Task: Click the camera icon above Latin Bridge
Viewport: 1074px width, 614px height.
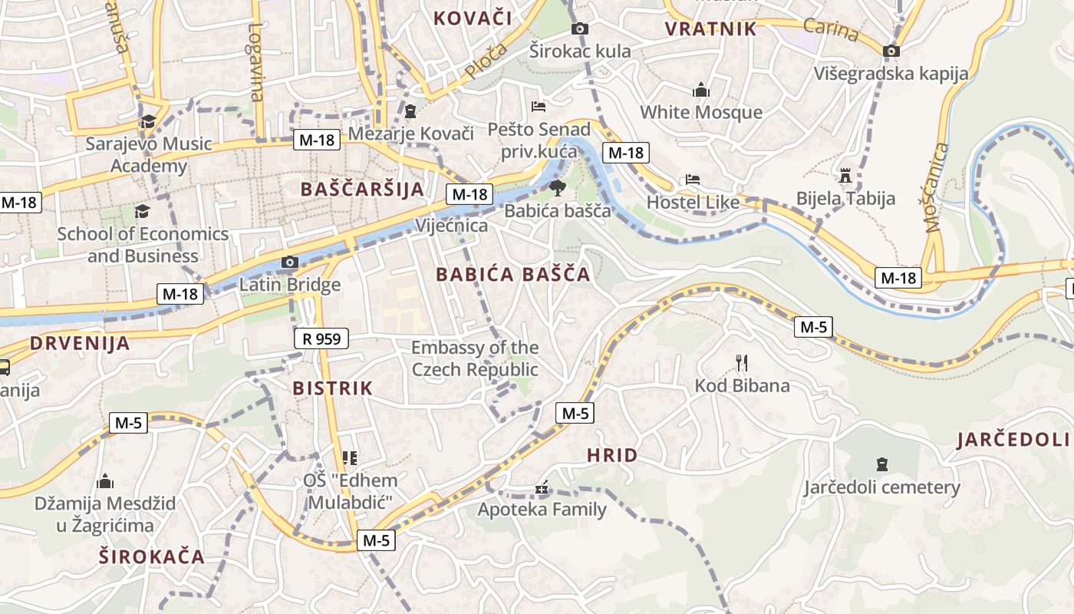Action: pos(289,262)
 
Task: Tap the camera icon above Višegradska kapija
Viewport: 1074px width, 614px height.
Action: pos(891,51)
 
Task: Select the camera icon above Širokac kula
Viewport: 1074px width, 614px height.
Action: pos(580,29)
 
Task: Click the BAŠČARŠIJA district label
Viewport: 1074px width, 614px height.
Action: pos(362,190)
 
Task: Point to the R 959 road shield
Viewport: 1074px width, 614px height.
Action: pos(321,338)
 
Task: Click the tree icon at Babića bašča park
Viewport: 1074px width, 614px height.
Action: pos(557,187)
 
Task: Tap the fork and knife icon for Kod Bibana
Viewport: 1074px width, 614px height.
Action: pos(741,362)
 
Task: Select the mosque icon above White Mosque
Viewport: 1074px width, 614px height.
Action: pos(700,90)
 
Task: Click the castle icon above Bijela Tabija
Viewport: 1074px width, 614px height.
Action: pos(845,176)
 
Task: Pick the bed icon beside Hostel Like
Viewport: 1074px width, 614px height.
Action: pos(693,180)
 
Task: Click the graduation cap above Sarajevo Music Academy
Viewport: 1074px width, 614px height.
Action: pos(147,121)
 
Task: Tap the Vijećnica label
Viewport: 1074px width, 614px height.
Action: pos(451,226)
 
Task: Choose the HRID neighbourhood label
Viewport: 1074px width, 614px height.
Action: pos(612,455)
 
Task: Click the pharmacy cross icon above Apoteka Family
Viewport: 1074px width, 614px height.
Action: pos(542,488)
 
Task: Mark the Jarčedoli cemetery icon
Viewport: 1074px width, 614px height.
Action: pos(881,464)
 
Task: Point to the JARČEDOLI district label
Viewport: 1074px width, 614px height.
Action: pos(1013,440)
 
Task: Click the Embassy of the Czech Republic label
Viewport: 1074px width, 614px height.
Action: pos(475,358)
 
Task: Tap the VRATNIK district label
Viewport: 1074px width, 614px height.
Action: pos(710,29)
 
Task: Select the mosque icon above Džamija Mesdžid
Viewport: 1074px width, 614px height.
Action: pos(105,482)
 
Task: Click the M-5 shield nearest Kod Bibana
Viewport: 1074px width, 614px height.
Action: pos(813,327)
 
